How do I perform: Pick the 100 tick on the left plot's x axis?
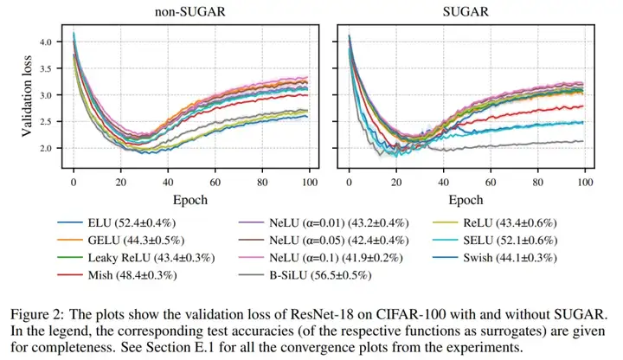(308, 184)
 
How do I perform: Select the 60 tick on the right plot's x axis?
(491, 184)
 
